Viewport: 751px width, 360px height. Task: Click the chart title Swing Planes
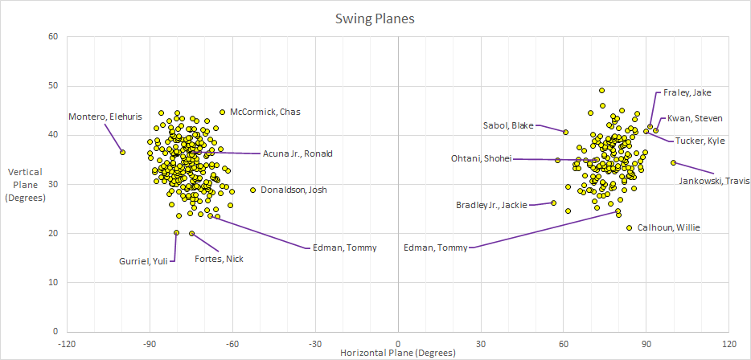tap(375, 18)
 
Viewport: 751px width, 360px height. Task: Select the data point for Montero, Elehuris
tap(122, 152)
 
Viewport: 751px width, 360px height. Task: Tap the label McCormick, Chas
tap(265, 112)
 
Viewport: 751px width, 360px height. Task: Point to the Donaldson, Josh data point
tap(252, 190)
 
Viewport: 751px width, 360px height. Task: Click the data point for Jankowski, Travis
tap(673, 163)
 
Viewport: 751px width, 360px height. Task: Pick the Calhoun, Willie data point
tap(630, 227)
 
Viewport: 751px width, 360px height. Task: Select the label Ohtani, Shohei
tap(481, 159)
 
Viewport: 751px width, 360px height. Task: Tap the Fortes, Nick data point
tap(191, 233)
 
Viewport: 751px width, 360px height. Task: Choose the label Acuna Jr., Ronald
tap(298, 153)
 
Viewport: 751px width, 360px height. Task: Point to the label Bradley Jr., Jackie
tap(491, 205)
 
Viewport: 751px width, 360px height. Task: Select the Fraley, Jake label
tap(687, 92)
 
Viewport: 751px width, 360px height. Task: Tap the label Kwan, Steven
tap(696, 118)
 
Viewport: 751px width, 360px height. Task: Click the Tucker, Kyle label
tap(700, 141)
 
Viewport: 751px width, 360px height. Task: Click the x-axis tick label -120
tap(67, 343)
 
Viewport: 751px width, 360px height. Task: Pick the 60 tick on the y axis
tap(53, 37)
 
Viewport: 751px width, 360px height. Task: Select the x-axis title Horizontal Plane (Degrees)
tap(398, 354)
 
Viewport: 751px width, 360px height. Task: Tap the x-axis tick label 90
tap(646, 343)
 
